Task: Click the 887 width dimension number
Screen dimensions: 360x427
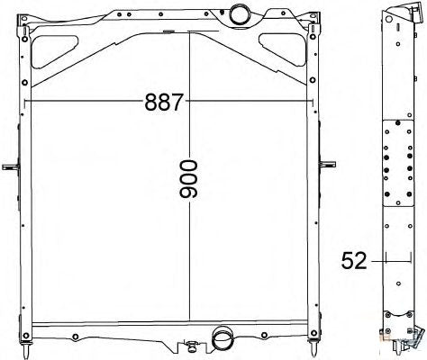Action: point(164,102)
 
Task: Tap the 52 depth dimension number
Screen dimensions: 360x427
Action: point(355,261)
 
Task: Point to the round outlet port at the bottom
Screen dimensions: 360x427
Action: point(221,340)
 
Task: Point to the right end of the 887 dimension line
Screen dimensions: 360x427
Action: point(313,102)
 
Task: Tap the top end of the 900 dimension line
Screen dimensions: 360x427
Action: point(190,34)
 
